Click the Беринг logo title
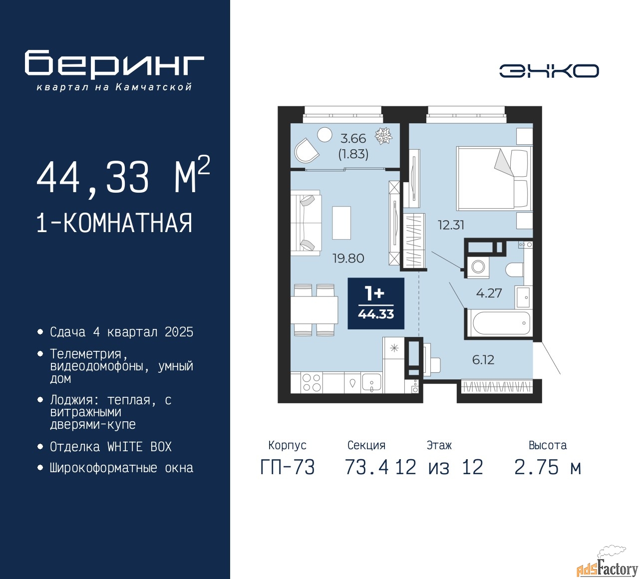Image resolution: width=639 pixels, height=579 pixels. point(114,64)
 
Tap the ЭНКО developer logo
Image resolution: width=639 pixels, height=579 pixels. point(549,71)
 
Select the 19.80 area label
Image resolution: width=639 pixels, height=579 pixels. point(348,258)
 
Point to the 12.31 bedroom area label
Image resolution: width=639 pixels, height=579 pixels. point(451,225)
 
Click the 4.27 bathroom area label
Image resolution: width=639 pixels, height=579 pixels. point(489,293)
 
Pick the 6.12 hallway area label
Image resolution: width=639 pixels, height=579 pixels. point(483,360)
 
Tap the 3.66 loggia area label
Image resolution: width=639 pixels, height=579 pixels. point(353,138)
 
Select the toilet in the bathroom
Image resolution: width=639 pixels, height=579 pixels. point(514,270)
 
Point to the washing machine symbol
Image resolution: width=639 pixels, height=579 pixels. point(478,267)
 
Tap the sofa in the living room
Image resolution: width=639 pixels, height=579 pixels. point(306,223)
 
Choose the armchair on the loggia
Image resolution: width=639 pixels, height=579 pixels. point(306,150)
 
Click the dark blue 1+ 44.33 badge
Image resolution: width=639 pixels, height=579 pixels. point(376,303)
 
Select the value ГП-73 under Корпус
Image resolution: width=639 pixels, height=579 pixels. point(288,468)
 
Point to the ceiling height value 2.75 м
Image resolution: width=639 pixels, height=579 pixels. point(547,468)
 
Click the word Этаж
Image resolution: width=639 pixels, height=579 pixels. point(439,445)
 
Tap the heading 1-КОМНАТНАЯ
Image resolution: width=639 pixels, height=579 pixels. point(114,223)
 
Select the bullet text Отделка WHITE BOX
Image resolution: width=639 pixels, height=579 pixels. point(110,447)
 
